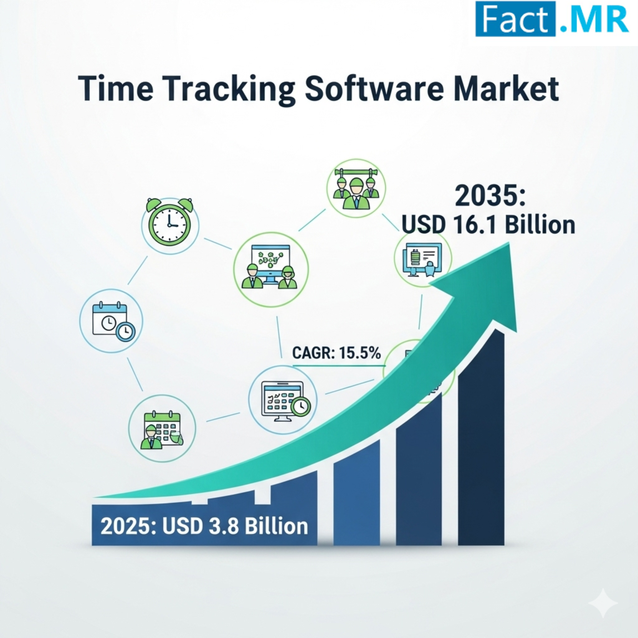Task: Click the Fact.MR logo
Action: (x=552, y=18)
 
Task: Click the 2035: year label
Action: (x=490, y=196)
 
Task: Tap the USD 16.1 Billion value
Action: (x=488, y=225)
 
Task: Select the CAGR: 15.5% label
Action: (x=336, y=353)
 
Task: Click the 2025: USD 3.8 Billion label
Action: (x=204, y=526)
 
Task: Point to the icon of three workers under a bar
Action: (x=356, y=188)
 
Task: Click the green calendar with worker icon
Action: (x=162, y=429)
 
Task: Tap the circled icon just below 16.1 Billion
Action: (x=423, y=259)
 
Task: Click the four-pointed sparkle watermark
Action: (x=603, y=603)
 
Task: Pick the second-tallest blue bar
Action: (x=419, y=469)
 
